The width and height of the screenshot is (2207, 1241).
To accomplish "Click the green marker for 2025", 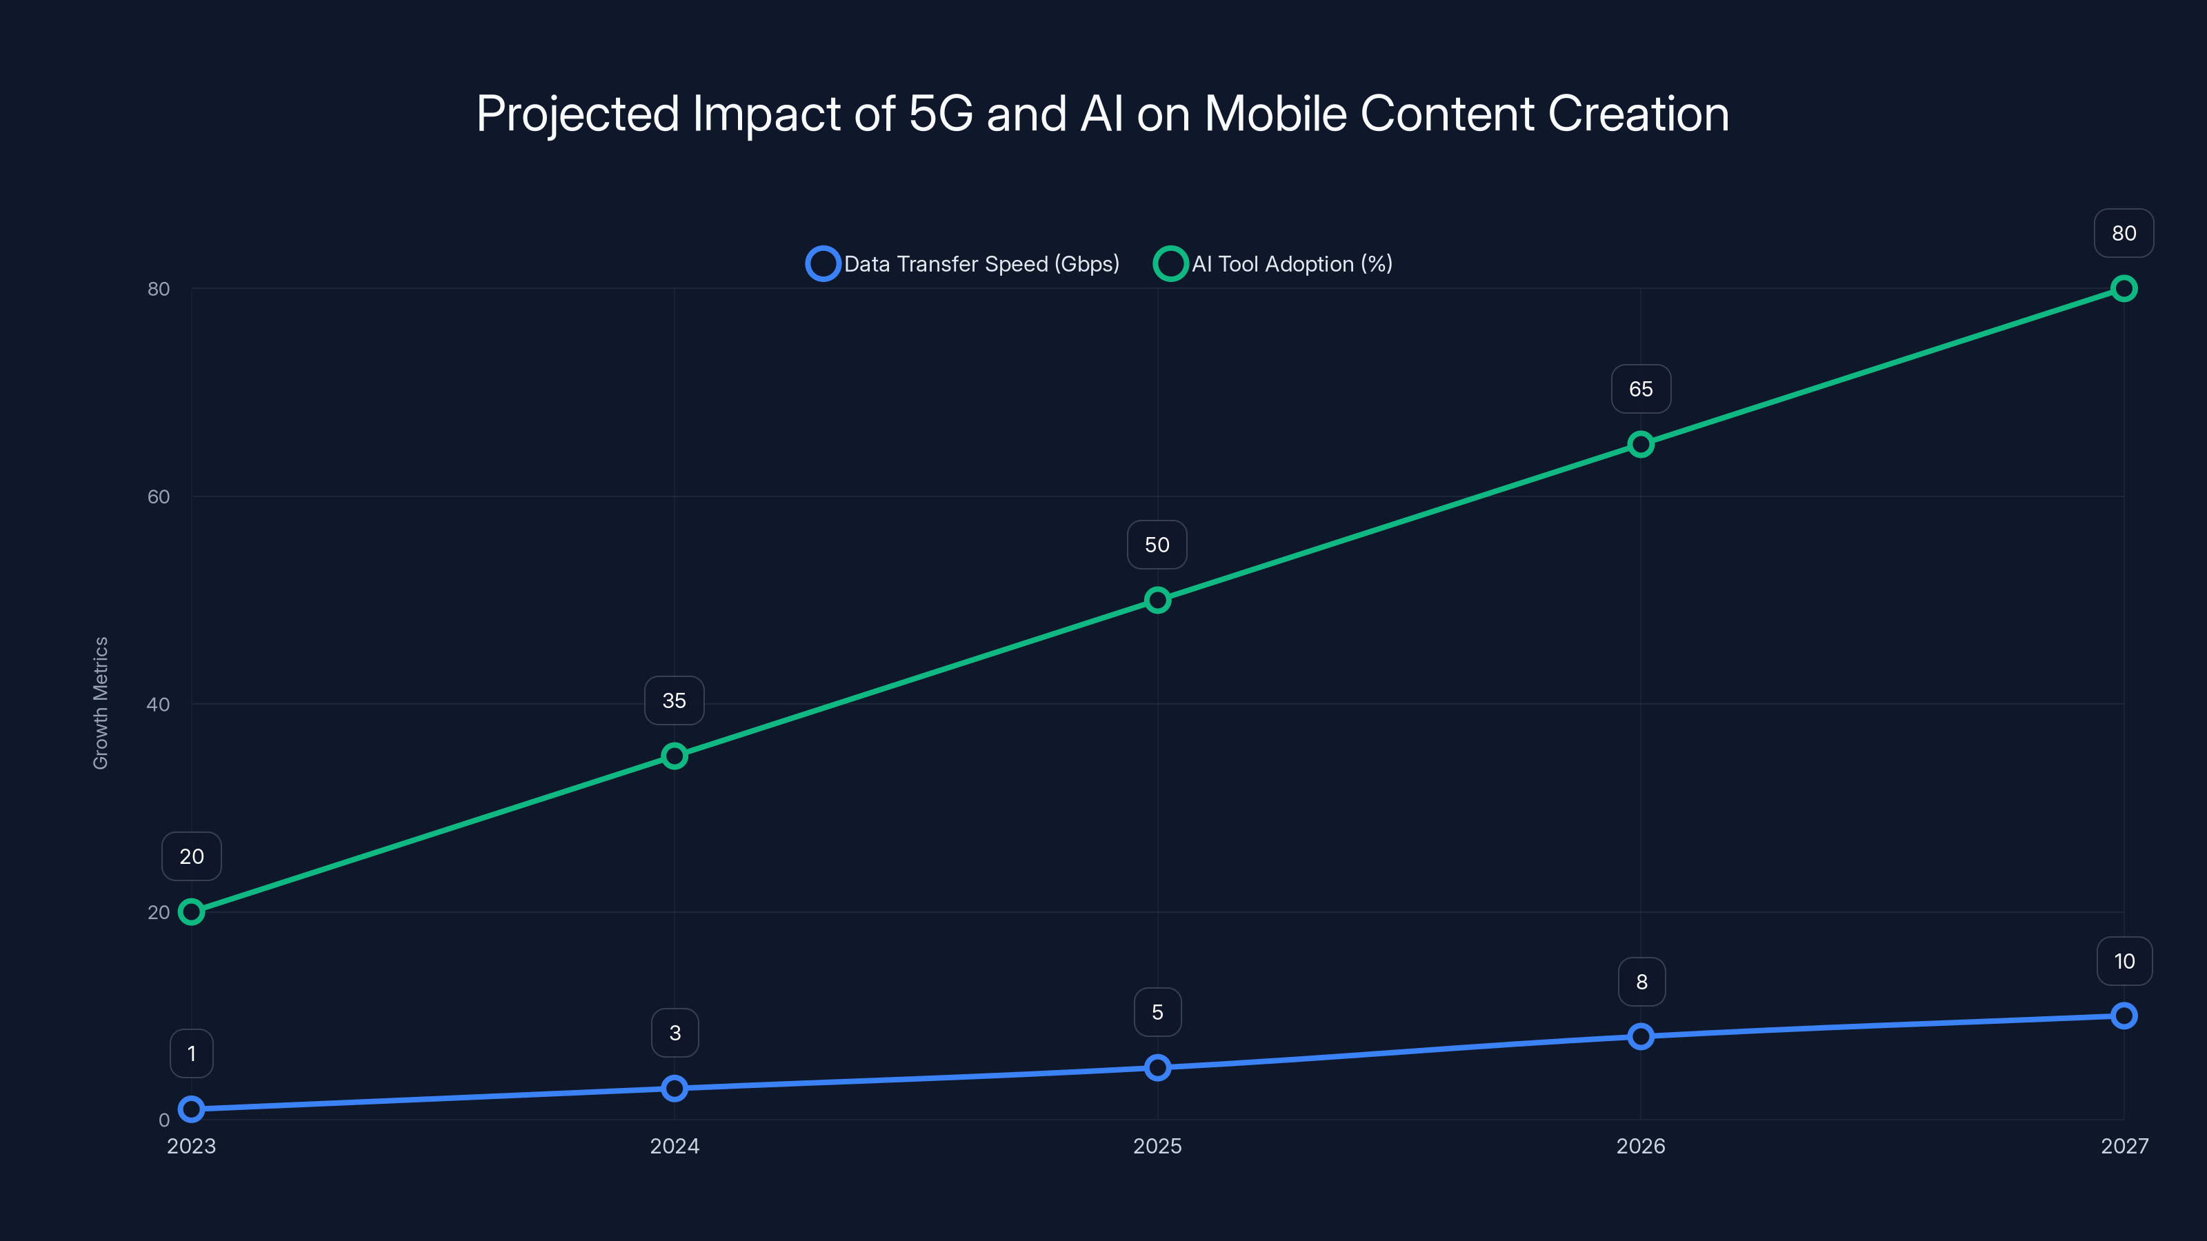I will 1157,600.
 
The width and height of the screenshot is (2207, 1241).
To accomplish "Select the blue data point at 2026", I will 1641,1036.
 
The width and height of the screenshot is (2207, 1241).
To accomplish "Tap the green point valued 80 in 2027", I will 2124,289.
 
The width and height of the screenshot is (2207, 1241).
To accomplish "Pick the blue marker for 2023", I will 191,1109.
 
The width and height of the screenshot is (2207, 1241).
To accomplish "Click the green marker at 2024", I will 675,756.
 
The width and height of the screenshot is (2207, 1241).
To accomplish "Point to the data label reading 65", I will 1641,389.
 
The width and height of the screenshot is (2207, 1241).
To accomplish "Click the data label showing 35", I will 675,700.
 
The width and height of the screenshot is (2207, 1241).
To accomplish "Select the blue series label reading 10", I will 2124,961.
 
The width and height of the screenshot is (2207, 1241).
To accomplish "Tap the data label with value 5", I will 1157,1012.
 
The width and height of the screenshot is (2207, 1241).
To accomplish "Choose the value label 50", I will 1157,545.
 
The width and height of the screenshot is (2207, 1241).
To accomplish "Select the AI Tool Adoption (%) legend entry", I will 1274,264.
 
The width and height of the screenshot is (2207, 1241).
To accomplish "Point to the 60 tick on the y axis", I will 159,496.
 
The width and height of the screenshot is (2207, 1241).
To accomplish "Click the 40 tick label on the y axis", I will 159,704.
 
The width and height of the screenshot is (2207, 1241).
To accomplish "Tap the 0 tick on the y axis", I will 163,1120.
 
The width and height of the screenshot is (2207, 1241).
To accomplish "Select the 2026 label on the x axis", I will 1641,1146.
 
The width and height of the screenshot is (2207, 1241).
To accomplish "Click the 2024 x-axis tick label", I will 675,1146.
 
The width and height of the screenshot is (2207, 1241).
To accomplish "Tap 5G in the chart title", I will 940,114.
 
